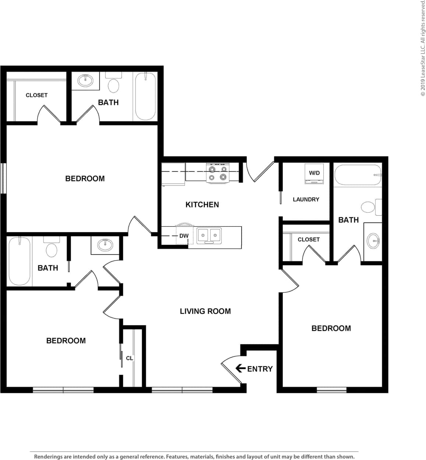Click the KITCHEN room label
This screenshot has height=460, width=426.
(202, 205)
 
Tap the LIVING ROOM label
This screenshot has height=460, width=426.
(205, 311)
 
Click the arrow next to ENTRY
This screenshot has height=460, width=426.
(240, 368)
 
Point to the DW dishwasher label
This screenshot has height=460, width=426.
(184, 236)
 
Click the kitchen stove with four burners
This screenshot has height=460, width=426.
(218, 173)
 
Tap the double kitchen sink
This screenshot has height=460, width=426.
(209, 235)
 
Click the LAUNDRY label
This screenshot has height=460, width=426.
(306, 199)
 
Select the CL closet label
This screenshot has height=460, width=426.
(130, 358)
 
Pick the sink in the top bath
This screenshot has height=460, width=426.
(85, 80)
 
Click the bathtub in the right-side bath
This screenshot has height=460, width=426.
(358, 175)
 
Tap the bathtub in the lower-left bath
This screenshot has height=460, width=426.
(20, 261)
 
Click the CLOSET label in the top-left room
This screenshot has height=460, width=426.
(36, 95)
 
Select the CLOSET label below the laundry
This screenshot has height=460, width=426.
(309, 239)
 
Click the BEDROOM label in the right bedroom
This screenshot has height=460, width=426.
(331, 328)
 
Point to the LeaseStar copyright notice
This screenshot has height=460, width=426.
(423, 48)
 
